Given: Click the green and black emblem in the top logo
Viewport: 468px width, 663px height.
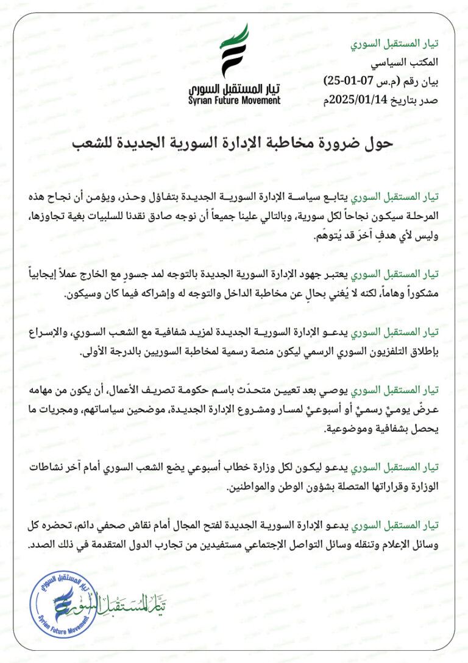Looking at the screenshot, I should pyautogui.click(x=234, y=52).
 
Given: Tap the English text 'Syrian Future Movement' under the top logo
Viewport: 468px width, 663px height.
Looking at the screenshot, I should pyautogui.click(x=235, y=101).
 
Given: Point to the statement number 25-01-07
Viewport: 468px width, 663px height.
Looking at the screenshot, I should pyautogui.click(x=344, y=79).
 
